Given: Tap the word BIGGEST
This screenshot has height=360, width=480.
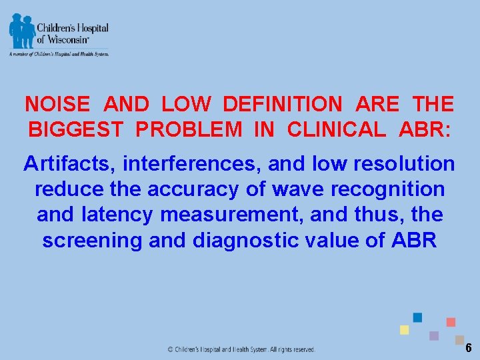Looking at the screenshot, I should coord(75,129).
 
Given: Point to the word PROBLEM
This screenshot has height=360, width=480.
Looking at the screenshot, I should coord(189,129).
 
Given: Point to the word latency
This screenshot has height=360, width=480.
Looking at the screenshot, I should coord(107,215).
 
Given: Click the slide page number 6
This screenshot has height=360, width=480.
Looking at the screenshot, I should coord(468,348).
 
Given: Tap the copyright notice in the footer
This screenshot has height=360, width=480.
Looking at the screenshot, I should coord(241,349).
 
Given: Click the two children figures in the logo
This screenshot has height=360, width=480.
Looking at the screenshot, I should coord(21,31).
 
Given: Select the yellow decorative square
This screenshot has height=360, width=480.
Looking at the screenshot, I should coord(404,330).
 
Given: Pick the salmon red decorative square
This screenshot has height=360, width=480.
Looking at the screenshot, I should coord(451,322).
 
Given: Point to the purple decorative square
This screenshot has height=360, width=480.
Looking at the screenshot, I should coord(434,335).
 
